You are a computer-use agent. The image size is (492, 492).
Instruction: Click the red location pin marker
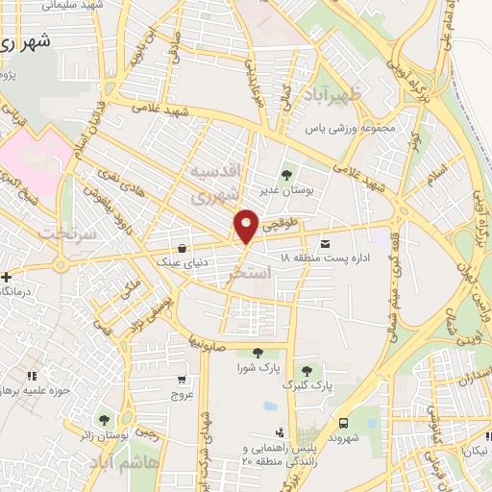(x=247, y=226)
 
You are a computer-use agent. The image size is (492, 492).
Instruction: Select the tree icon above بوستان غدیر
(x=286, y=175)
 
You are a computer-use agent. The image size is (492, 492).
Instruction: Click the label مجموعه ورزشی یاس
(x=343, y=127)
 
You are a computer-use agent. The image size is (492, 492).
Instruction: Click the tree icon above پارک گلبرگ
(x=307, y=370)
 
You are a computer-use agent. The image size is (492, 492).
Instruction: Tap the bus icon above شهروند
(x=344, y=422)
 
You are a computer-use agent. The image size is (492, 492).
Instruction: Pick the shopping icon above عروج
(x=183, y=380)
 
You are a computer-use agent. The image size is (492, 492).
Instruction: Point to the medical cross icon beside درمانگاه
(x=5, y=277)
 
